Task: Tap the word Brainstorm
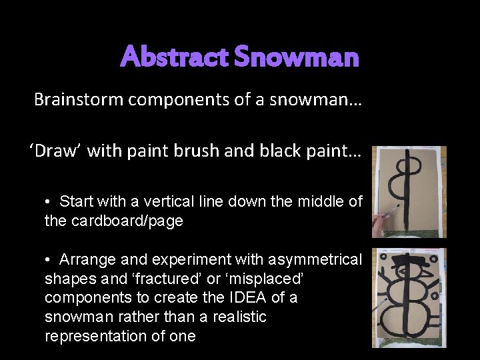click(x=78, y=100)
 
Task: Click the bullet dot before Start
click(x=49, y=201)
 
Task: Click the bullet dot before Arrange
click(x=49, y=259)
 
